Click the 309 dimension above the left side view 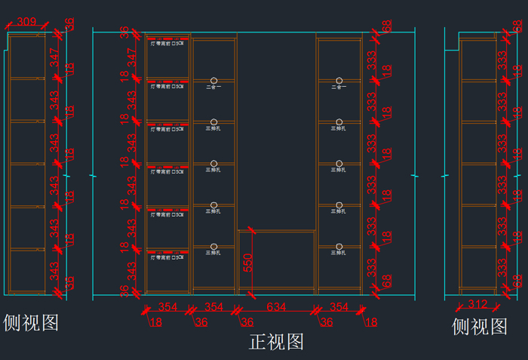click(x=26, y=22)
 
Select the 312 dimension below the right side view click(x=477, y=305)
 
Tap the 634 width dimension click(x=277, y=306)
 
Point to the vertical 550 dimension click(x=247, y=262)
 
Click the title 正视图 click(x=276, y=342)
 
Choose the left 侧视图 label click(x=31, y=323)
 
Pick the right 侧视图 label click(x=480, y=327)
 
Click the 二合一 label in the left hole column click(x=213, y=88)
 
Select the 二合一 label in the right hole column click(x=339, y=88)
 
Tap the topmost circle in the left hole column click(x=213, y=80)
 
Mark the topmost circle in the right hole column click(x=339, y=80)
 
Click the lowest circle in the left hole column click(x=213, y=246)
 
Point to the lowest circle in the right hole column click(x=339, y=246)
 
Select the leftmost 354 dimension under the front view click(x=168, y=306)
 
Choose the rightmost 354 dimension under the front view click(x=339, y=306)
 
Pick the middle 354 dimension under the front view click(x=213, y=306)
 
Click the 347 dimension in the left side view click(x=54, y=57)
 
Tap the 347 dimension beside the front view click(x=130, y=57)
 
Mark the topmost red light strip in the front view click(x=167, y=38)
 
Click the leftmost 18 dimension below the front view click(x=156, y=322)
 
